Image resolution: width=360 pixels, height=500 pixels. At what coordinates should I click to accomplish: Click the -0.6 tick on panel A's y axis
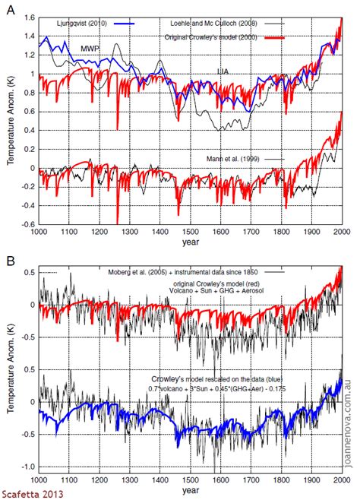coord(26,224)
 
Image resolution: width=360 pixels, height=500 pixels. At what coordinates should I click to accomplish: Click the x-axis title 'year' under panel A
coord(191,242)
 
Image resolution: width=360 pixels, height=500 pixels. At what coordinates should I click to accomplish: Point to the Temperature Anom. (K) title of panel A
coord(9,122)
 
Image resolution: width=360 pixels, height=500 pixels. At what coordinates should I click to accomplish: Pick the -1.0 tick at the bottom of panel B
coord(26,467)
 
